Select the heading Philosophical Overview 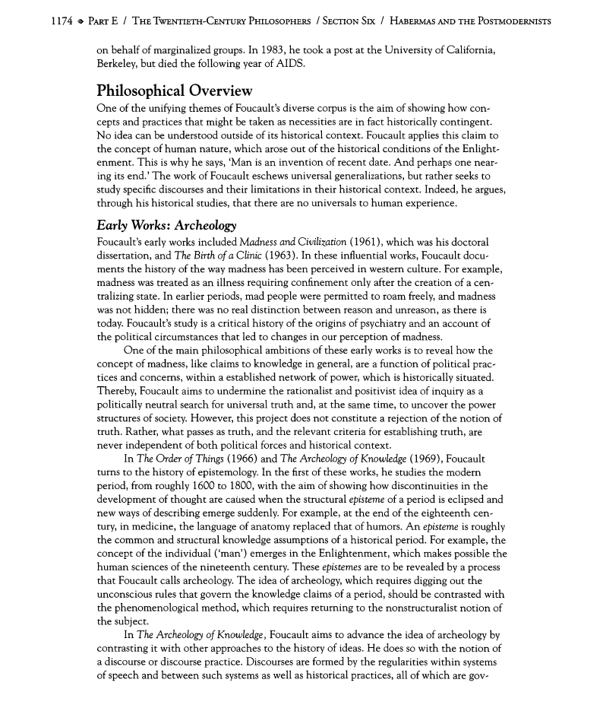[175, 91]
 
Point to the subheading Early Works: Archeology [167, 226]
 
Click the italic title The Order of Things [180, 459]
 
